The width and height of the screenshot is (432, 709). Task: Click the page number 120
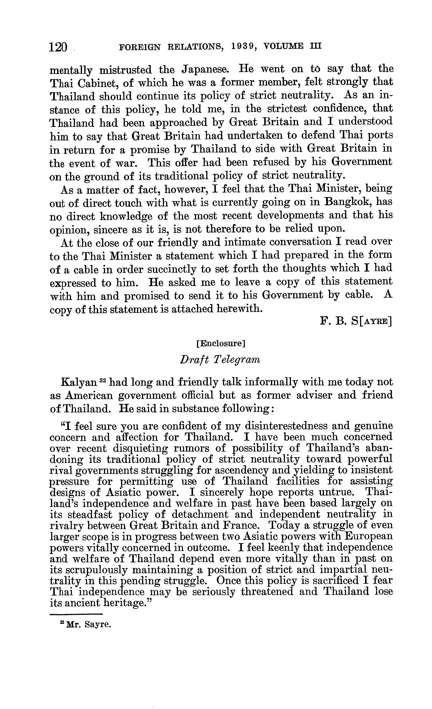58,47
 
